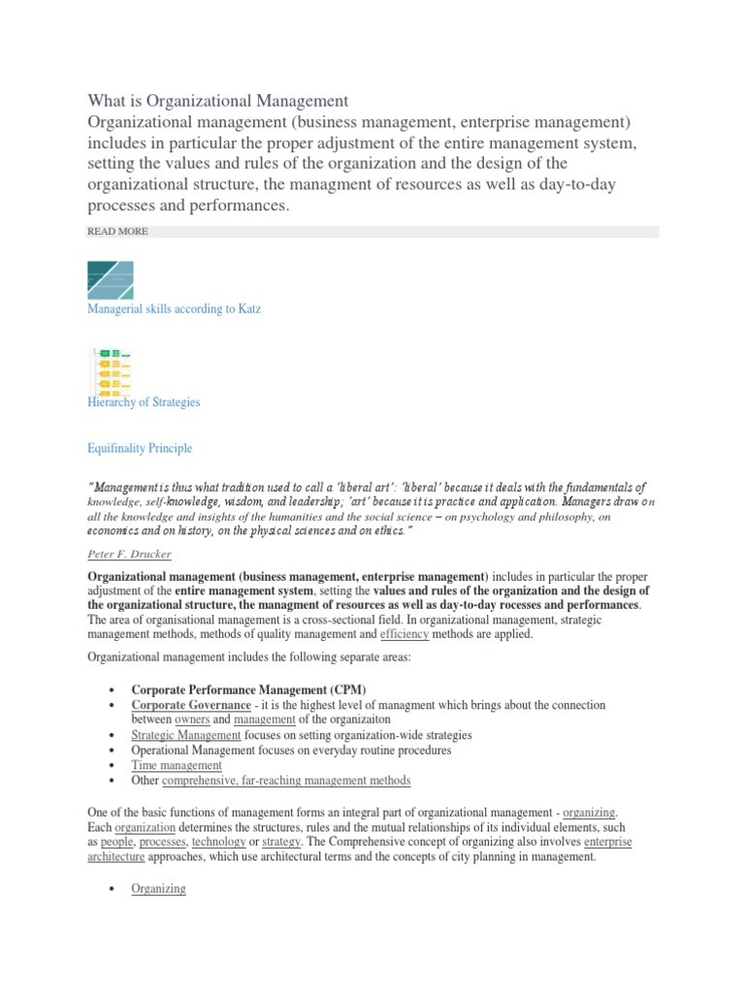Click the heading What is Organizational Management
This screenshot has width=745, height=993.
click(x=217, y=100)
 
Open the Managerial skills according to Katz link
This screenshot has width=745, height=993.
click(x=174, y=308)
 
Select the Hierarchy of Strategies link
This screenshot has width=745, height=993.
click(x=144, y=401)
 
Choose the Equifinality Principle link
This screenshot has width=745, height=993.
click(x=140, y=448)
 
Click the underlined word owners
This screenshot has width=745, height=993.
click(x=190, y=720)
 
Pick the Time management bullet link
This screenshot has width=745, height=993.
click(x=177, y=765)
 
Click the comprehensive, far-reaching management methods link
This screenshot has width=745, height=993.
click(x=286, y=780)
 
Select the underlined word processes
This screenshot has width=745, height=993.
click(x=162, y=843)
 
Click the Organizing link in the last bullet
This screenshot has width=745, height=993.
click(x=159, y=888)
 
